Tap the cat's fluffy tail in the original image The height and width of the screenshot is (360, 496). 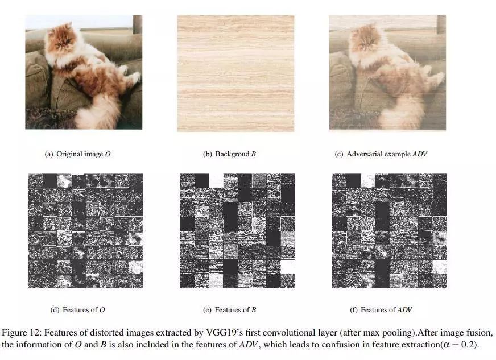[95, 111]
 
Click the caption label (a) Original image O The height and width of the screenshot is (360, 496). [78, 154]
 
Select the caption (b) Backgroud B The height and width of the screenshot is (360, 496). [229, 154]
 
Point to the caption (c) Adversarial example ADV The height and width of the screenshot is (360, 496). [381, 154]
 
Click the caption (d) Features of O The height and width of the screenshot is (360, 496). [77, 310]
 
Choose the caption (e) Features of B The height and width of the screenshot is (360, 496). [229, 310]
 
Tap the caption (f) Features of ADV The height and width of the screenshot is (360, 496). [381, 310]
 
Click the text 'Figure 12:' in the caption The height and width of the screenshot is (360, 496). [22, 333]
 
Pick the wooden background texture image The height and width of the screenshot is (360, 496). [235, 73]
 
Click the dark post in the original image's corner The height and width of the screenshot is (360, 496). [137, 24]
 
